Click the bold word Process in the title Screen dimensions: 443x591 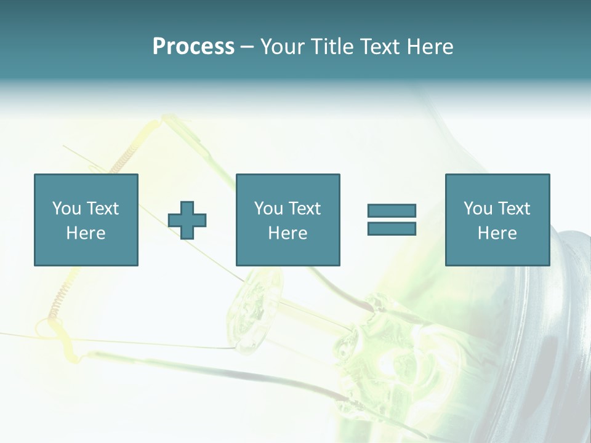(x=193, y=47)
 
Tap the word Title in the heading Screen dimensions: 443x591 (x=330, y=47)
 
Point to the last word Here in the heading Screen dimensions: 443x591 (x=430, y=47)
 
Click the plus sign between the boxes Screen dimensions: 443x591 (x=187, y=220)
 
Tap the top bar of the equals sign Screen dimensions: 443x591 (x=392, y=211)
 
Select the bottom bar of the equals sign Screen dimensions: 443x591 (x=392, y=228)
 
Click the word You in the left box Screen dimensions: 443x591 (x=67, y=209)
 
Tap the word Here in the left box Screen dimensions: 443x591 (x=86, y=233)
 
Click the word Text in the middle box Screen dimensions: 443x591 (x=305, y=209)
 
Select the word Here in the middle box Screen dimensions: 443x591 (x=287, y=233)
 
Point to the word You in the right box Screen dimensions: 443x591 (x=478, y=209)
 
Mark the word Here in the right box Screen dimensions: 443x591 (x=497, y=233)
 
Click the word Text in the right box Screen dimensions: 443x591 (x=514, y=209)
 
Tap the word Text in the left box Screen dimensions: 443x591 (x=103, y=209)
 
